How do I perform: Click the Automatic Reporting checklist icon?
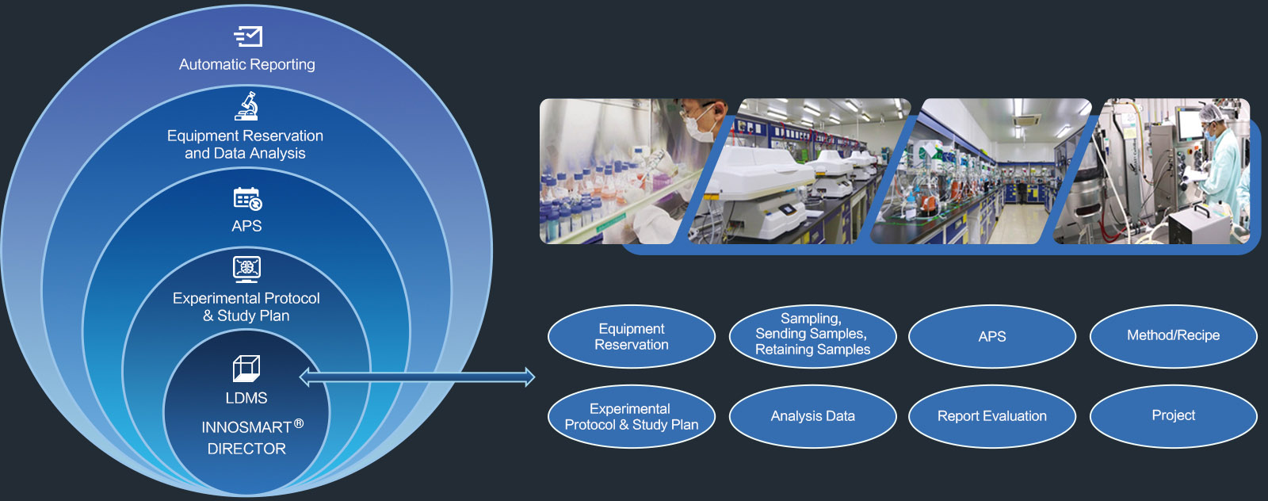point(248,36)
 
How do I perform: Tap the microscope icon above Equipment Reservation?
point(246,106)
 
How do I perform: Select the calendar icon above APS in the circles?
point(247,199)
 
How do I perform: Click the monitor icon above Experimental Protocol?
point(246,270)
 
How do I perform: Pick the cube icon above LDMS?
point(246,369)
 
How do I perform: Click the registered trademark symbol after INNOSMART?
point(299,423)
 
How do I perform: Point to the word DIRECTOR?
point(246,449)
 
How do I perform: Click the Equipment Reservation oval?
point(631,337)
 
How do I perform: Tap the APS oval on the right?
point(991,337)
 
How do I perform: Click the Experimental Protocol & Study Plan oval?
point(631,417)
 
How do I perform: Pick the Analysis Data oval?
point(812,417)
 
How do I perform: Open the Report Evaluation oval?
point(991,417)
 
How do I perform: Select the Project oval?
point(1173,417)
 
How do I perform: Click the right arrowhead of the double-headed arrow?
point(530,377)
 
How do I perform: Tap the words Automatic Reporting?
point(246,64)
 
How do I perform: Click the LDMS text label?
point(246,398)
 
